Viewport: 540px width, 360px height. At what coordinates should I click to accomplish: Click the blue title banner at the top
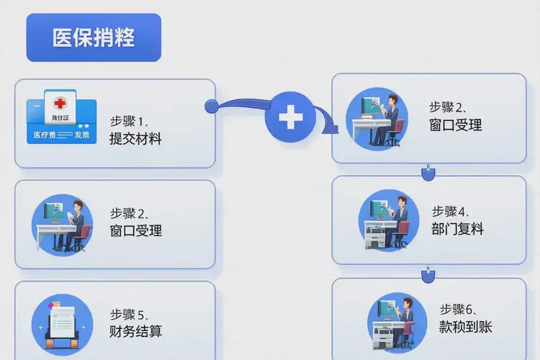(94, 37)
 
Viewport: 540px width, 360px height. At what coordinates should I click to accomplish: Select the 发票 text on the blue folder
(81, 134)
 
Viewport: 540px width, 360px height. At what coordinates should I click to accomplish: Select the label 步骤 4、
(451, 212)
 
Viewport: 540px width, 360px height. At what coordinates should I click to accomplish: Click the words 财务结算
(135, 332)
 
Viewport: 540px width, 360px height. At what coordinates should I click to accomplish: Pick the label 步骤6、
(459, 310)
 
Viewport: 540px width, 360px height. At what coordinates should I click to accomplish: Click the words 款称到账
(465, 328)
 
